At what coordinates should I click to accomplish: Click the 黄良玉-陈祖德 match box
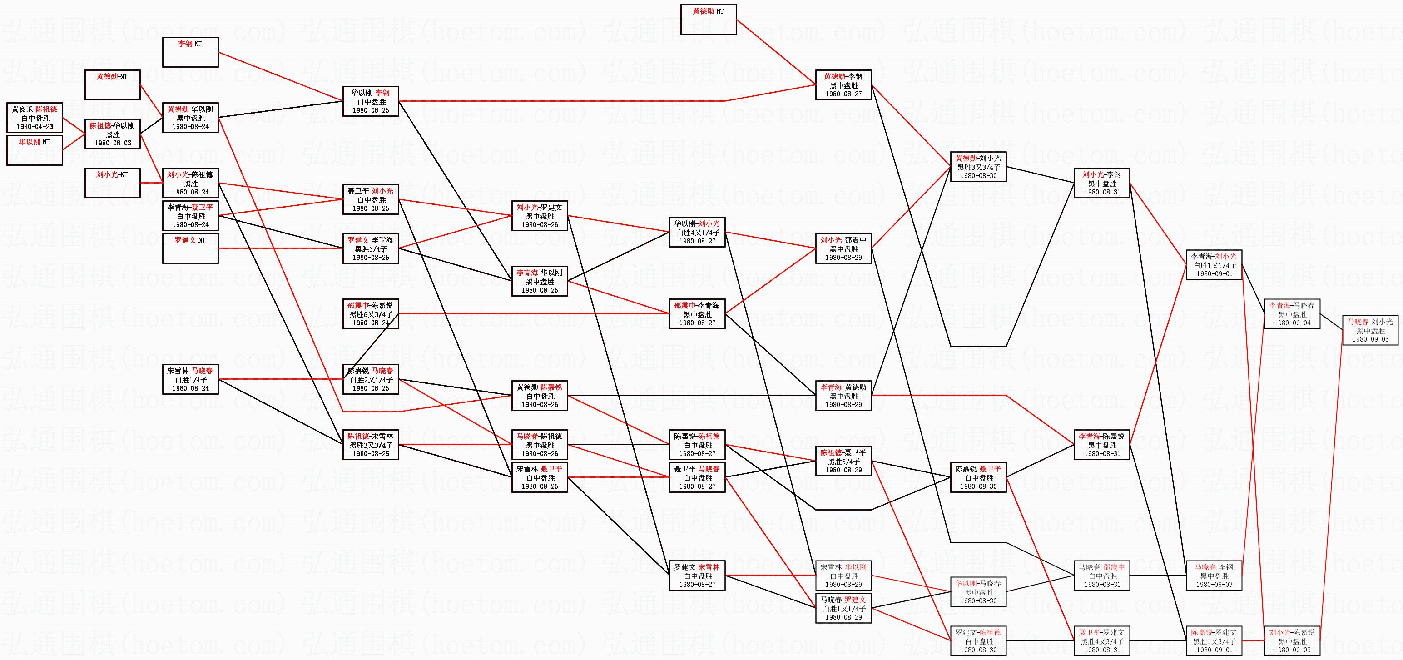pos(35,117)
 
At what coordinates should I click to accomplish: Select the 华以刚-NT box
pos(35,150)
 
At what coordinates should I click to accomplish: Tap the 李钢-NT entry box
pos(190,52)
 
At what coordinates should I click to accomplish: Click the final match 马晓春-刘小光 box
pos(1370,330)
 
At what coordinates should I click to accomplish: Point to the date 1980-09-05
pos(1370,339)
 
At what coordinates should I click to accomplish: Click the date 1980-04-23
pos(35,126)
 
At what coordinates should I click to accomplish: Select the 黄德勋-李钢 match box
pos(843,85)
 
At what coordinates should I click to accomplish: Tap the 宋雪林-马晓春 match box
pos(190,379)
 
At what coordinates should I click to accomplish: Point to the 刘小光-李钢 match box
pos(1102,183)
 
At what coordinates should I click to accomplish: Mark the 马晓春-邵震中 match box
pos(1102,575)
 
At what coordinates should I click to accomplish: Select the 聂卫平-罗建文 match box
pos(1102,640)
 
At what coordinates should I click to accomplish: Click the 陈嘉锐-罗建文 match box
pos(1214,640)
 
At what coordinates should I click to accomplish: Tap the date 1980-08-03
pos(113,143)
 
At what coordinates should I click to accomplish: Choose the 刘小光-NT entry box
pos(112,183)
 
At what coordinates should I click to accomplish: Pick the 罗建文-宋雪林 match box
pos(697,575)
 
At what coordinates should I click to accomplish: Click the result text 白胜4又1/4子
pos(697,233)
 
